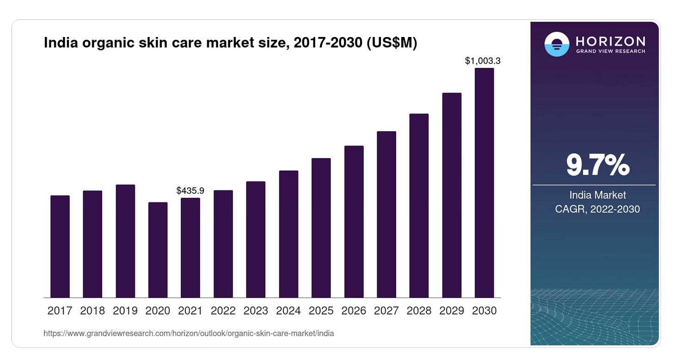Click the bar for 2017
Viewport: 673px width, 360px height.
tap(60, 246)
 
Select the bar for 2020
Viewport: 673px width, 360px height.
tap(158, 250)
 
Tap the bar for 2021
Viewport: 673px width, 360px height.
tap(190, 248)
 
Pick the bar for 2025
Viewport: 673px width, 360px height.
tap(321, 228)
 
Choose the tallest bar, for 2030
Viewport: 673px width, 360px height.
tap(484, 183)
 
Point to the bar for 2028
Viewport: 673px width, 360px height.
tap(419, 206)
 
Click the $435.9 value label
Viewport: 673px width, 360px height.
tap(190, 190)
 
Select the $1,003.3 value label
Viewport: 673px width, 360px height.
tap(483, 61)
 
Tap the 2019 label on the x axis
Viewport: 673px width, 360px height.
tap(125, 311)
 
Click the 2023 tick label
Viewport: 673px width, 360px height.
tap(256, 311)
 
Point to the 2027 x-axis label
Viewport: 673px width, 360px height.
tap(386, 311)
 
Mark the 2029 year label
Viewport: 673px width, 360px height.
tap(452, 311)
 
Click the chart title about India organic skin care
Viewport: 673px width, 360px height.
tap(231, 43)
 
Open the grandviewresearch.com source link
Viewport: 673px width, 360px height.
tap(189, 334)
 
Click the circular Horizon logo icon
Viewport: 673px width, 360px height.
tap(557, 44)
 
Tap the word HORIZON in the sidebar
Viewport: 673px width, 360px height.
tap(611, 42)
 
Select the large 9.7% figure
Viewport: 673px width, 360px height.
tap(598, 165)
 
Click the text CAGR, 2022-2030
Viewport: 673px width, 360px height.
tap(597, 209)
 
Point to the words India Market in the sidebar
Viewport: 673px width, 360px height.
tap(598, 195)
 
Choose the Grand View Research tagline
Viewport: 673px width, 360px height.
tap(611, 51)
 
